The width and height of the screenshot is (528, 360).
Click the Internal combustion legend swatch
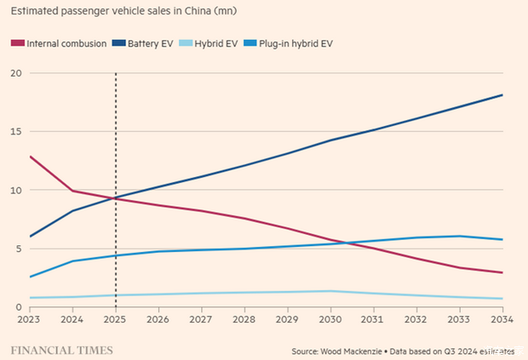[x=17, y=43]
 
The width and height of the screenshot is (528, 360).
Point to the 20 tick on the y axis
[x=14, y=73]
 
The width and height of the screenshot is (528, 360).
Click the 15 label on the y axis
[x=14, y=132]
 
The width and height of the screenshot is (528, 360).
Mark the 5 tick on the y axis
[x=18, y=249]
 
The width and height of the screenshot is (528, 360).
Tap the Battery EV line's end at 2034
[x=502, y=94]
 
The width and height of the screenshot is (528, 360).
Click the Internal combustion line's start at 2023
[x=30, y=157]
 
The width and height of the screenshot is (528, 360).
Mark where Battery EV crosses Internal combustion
[x=113, y=198]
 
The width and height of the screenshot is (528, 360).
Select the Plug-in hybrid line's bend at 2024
[x=72, y=261]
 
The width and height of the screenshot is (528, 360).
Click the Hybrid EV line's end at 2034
[x=502, y=299]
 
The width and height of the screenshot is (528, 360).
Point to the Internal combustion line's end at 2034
[x=502, y=273]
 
